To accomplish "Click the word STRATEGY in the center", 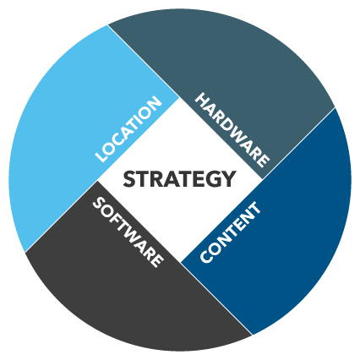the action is [179, 179].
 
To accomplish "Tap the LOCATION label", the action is [128, 129].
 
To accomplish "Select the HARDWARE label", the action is [232, 130].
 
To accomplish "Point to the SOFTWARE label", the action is [128, 232].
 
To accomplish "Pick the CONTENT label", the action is [230, 232].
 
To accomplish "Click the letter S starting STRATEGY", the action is [129, 179].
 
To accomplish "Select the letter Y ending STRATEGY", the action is [227, 179].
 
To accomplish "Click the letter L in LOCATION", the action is [101, 156].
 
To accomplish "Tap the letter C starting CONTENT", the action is [206, 256].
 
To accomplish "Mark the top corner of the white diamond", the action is [179, 98].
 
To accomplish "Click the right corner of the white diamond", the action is [262, 179].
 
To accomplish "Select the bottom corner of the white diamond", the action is [181, 261].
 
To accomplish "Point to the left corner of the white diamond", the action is [97, 181].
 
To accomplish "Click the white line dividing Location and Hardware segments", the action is [144, 62].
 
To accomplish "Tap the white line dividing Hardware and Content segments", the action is [298, 143].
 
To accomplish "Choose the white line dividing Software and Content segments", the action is [216, 298].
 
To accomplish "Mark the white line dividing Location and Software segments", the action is [61, 216].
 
